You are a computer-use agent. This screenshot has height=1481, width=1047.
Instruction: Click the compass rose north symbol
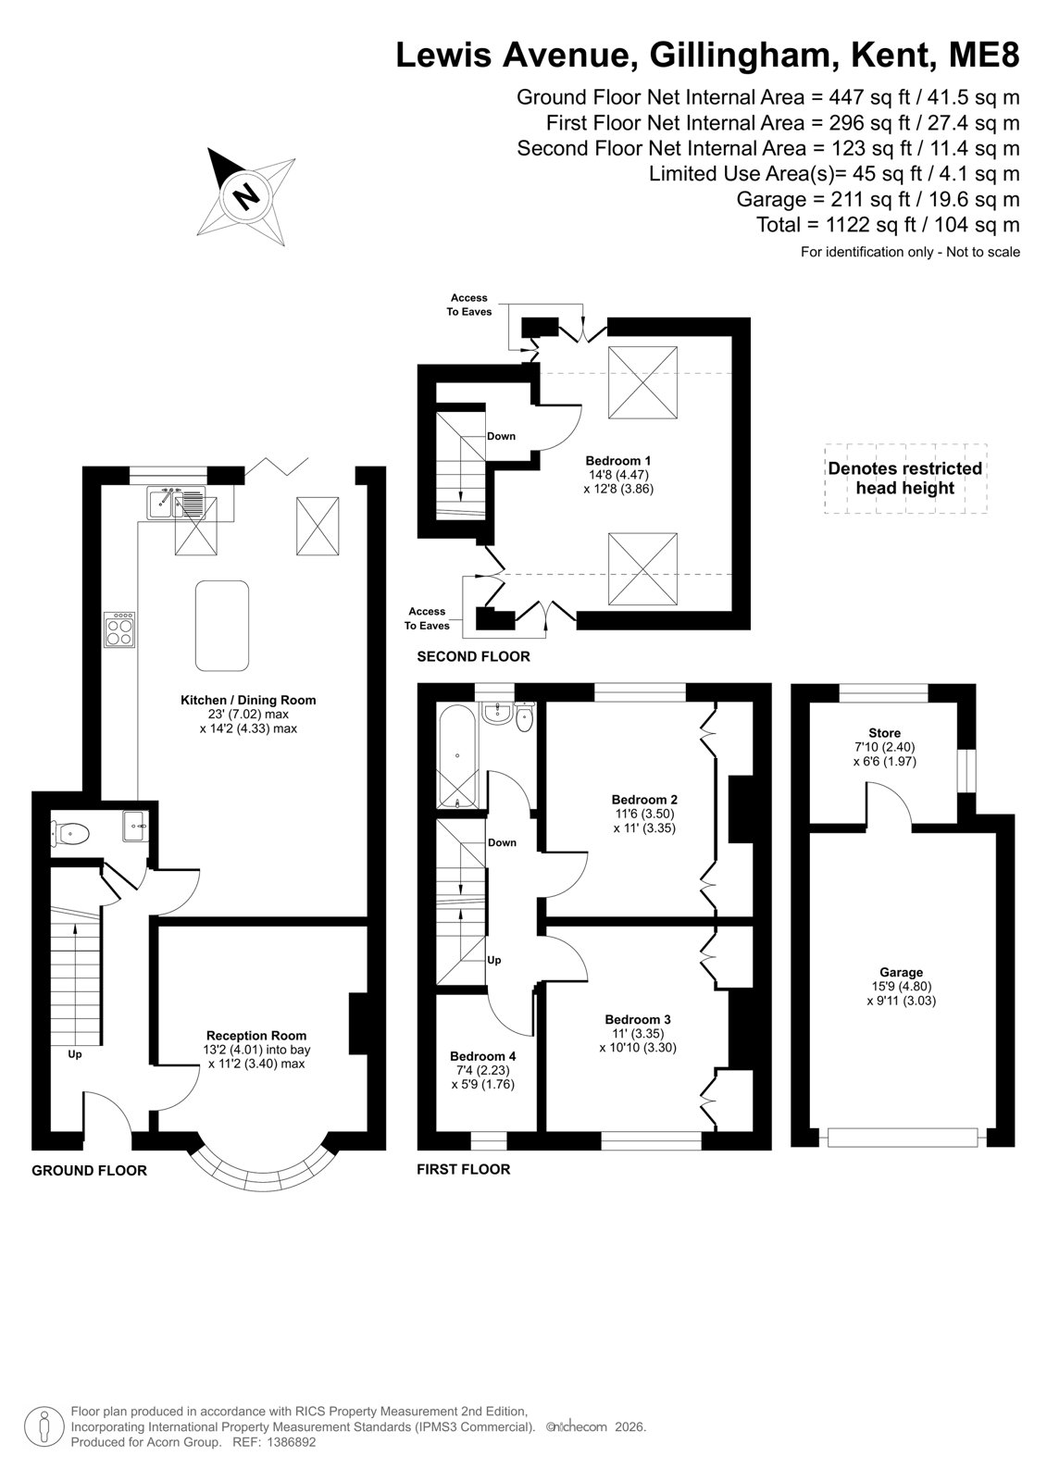click(246, 196)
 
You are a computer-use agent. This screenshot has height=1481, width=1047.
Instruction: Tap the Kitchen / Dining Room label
click(248, 700)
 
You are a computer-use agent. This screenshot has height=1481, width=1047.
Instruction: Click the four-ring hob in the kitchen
click(119, 629)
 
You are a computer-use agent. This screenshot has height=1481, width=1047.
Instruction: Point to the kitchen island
click(222, 626)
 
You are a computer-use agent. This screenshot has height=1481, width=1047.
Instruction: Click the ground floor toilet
click(69, 833)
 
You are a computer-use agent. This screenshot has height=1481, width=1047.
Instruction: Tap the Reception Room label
click(256, 1036)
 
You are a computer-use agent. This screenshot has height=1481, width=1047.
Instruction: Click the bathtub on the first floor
click(457, 755)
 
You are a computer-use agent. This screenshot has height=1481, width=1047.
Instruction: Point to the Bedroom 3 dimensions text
click(638, 1040)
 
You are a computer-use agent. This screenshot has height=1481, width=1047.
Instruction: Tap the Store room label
click(884, 733)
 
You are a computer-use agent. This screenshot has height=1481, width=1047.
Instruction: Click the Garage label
click(901, 972)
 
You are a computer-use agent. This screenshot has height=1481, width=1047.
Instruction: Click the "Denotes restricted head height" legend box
click(905, 479)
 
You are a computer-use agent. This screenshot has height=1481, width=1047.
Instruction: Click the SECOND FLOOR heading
click(474, 656)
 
